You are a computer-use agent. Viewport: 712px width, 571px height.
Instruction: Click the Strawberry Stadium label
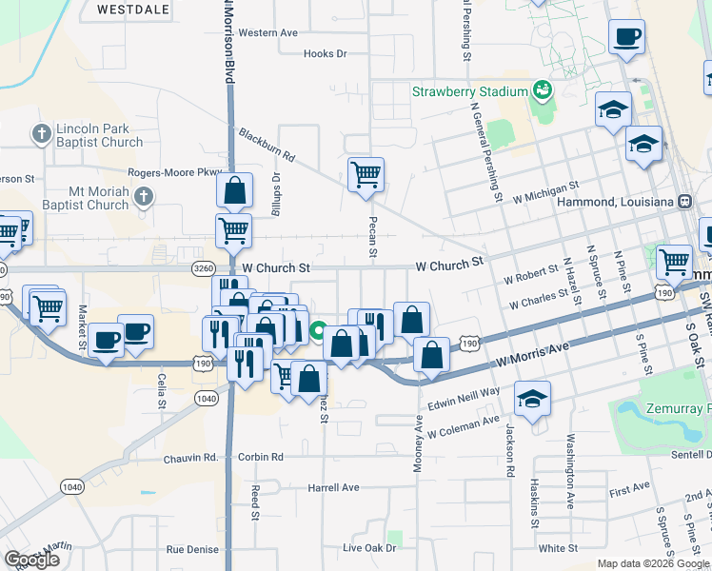point(469,91)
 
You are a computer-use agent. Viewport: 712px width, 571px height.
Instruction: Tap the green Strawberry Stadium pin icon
point(543,91)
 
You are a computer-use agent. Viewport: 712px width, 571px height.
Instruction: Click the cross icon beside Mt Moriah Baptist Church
point(143,198)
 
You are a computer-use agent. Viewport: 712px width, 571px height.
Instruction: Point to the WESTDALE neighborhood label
point(133,10)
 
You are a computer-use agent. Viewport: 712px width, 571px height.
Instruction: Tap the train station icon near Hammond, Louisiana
point(683,201)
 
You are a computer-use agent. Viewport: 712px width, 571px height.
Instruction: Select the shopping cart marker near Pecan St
point(366,174)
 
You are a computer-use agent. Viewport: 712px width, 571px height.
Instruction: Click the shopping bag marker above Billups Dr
point(234,189)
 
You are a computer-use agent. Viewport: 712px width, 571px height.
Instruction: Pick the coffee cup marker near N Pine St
point(627,37)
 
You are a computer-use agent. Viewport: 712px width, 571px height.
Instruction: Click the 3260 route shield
point(203,269)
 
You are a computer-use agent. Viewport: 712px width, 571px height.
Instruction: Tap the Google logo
point(32,560)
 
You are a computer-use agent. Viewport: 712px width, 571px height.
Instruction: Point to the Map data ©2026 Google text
point(652,563)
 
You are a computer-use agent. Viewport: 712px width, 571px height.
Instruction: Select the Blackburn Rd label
point(267,144)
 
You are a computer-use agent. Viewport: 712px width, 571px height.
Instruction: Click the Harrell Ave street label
point(333,487)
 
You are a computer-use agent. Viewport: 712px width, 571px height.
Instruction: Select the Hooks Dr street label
point(325,54)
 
